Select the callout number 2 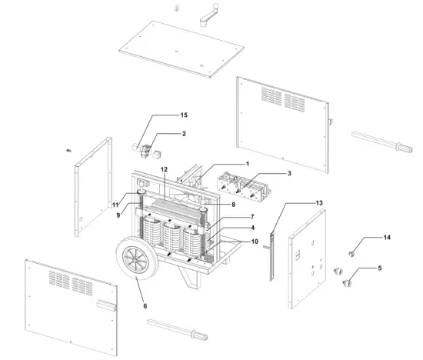click(x=183, y=134)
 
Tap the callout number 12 click(x=164, y=168)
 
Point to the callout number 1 click(x=248, y=164)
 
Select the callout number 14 click(x=387, y=238)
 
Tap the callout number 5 click(x=378, y=268)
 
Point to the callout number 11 click(x=113, y=205)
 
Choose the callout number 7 click(x=251, y=217)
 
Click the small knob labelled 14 click(x=351, y=251)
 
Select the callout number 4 click(x=252, y=228)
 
